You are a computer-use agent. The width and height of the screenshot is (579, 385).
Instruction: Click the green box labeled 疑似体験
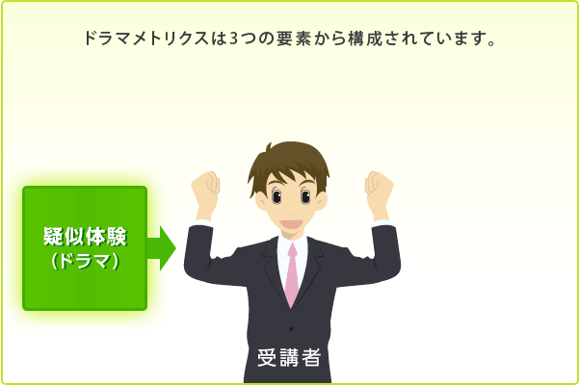pyautogui.click(x=85, y=248)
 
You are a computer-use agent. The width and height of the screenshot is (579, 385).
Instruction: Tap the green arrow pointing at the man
pyautogui.click(x=162, y=248)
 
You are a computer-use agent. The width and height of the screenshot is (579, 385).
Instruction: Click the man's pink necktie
pyautogui.click(x=292, y=274)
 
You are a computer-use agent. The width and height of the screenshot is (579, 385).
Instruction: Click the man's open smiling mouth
pyautogui.click(x=291, y=224)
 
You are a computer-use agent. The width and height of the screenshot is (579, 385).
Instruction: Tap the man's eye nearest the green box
pyautogui.click(x=276, y=195)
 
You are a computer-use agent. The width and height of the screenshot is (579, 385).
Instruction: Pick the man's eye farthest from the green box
pyautogui.click(x=305, y=195)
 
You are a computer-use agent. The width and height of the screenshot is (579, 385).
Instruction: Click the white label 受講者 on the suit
pyautogui.click(x=289, y=357)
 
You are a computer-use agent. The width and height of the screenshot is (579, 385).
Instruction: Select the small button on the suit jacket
pyautogui.click(x=291, y=328)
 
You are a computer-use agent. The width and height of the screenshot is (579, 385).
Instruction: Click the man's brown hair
pyautogui.click(x=289, y=163)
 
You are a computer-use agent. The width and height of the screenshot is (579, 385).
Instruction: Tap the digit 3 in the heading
pyautogui.click(x=233, y=38)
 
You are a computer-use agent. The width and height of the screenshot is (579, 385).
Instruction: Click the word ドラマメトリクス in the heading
pyautogui.click(x=146, y=38)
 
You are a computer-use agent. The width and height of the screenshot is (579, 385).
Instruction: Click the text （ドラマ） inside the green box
pyautogui.click(x=86, y=261)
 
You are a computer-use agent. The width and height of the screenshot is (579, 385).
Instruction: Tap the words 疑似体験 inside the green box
pyautogui.click(x=86, y=237)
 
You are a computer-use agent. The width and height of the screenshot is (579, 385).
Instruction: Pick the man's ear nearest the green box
pyautogui.click(x=261, y=201)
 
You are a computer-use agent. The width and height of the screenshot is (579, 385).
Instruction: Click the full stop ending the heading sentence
pyautogui.click(x=491, y=43)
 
